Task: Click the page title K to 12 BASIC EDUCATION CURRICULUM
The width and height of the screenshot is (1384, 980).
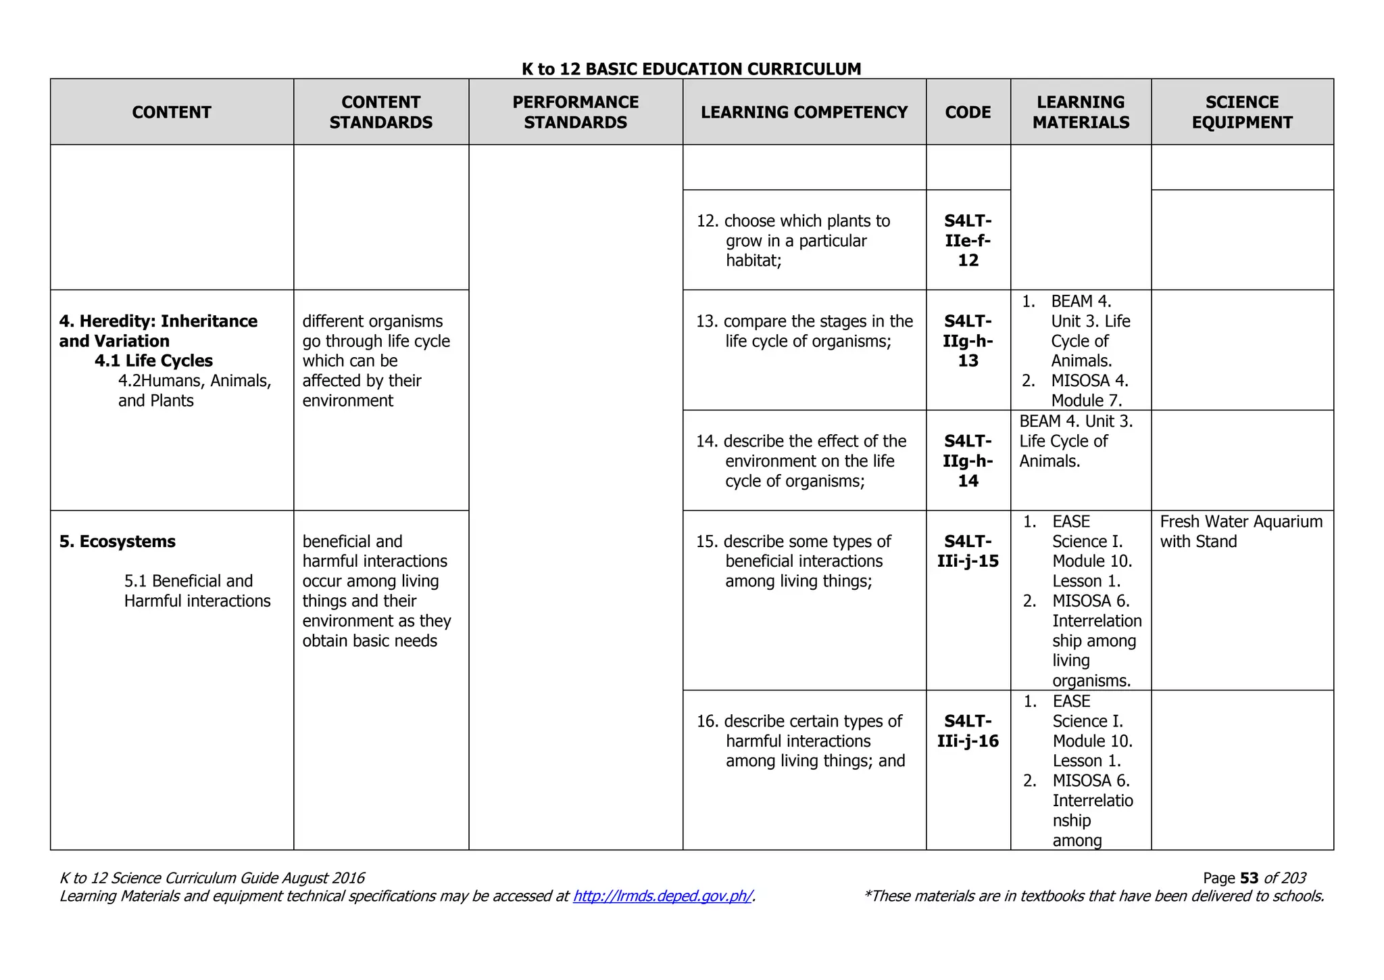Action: (691, 69)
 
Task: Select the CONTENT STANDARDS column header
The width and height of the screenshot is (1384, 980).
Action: (381, 112)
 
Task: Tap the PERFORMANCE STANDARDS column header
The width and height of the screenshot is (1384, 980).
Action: (575, 112)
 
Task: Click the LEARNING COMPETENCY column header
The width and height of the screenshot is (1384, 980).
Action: (804, 112)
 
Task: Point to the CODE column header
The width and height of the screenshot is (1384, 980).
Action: (968, 112)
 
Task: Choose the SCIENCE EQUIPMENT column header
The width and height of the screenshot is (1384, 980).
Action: (1241, 112)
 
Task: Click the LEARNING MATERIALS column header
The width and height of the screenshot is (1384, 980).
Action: (1081, 112)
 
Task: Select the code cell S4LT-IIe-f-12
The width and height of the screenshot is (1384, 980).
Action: (968, 241)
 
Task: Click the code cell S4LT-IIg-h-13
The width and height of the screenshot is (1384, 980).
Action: (968, 341)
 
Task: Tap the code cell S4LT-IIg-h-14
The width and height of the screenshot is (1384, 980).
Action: (968, 461)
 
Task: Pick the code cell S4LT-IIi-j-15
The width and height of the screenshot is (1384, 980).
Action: (968, 551)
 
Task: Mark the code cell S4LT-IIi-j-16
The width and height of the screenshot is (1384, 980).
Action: (968, 731)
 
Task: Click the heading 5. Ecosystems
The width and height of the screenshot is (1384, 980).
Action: (118, 542)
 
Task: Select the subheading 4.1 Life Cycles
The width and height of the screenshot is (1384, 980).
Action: (153, 361)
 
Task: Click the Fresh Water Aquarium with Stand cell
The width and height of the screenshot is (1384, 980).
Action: (1241, 532)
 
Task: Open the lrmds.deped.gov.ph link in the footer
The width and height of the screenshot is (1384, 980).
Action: (662, 897)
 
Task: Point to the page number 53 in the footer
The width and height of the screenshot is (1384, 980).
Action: (1250, 879)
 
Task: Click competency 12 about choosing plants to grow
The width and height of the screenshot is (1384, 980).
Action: (804, 241)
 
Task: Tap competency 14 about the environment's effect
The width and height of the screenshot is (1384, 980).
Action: (804, 461)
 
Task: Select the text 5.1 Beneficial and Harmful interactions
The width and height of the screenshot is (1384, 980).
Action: (197, 591)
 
